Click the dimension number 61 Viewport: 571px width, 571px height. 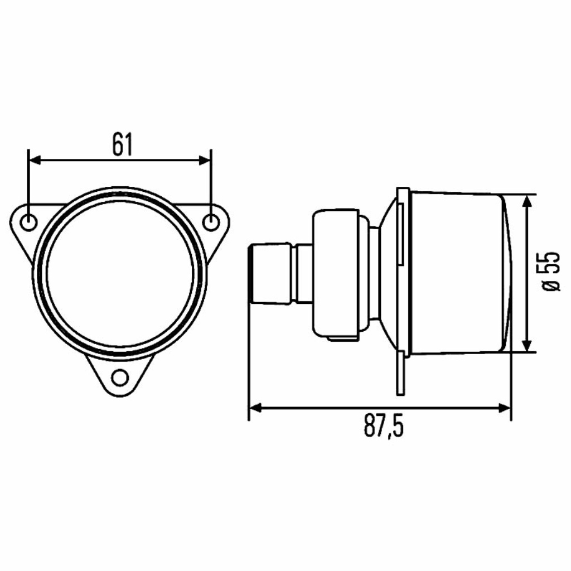click(x=123, y=144)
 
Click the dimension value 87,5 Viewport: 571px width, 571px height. click(x=384, y=427)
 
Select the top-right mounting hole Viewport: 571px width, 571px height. click(x=211, y=222)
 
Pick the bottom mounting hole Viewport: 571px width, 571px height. click(x=120, y=378)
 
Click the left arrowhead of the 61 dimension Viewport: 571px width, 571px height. click(x=35, y=160)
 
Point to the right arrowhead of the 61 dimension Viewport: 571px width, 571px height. click(x=205, y=160)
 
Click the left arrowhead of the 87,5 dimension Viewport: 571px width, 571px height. click(x=255, y=408)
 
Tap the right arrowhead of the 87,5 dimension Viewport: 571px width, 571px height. click(x=504, y=408)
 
